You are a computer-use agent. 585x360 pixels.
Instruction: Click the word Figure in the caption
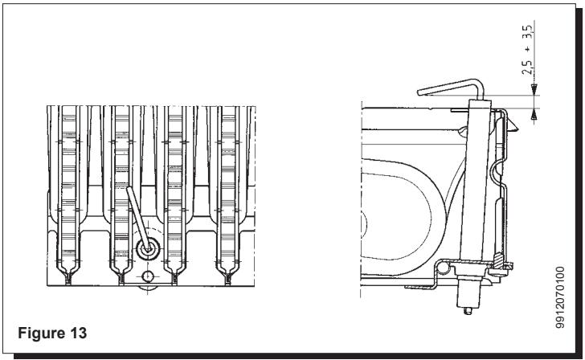[x=40, y=333]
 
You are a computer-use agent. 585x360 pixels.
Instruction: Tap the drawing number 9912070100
[x=559, y=297]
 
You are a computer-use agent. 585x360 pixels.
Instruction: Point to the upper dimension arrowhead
[x=534, y=88]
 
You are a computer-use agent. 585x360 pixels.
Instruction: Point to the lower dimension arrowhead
[x=534, y=115]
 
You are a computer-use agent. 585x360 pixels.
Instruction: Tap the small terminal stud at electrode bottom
[x=468, y=311]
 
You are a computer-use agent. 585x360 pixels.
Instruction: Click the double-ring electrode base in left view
[x=148, y=249]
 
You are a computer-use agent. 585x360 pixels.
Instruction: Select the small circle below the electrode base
[x=148, y=276]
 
